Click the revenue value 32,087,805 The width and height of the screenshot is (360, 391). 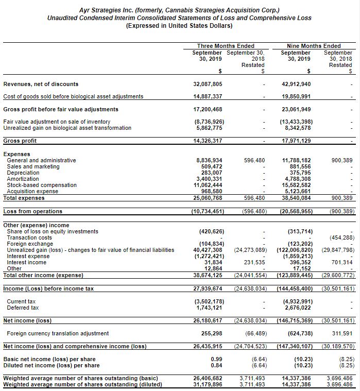(x=208, y=84)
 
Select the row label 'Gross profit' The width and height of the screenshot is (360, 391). (x=20, y=141)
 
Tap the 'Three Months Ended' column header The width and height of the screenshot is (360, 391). (x=225, y=46)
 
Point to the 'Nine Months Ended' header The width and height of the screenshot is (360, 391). (x=314, y=46)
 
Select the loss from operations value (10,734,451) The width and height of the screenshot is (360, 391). (x=207, y=211)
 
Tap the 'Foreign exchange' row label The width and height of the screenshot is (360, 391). (x=27, y=244)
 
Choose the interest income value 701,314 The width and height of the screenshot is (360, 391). (x=341, y=262)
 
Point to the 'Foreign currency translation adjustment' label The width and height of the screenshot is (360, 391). (x=57, y=333)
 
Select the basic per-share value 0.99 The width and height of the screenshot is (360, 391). (x=217, y=359)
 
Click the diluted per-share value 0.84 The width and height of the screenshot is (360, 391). (x=217, y=365)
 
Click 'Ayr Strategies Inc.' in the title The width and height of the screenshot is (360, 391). (x=107, y=10)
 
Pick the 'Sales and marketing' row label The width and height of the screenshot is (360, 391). (x=33, y=166)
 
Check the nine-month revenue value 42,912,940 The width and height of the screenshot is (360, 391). (x=296, y=84)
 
